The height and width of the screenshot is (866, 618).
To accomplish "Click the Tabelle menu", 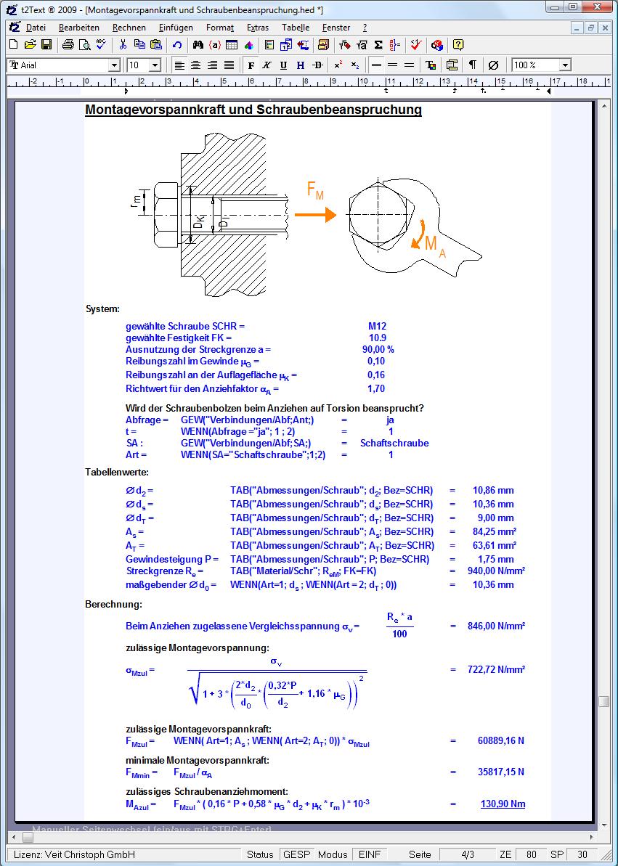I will pos(295,28).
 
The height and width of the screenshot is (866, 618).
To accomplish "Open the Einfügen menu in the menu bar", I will pos(175,28).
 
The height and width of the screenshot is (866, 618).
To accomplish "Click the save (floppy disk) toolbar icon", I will pos(46,45).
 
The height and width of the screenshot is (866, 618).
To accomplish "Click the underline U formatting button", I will pos(283,65).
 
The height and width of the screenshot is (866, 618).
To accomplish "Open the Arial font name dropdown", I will pos(113,65).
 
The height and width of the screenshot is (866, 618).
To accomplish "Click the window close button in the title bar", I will pos(602,7).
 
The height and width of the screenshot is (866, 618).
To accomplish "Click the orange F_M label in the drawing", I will pos(315,191).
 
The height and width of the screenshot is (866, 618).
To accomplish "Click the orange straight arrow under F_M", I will pos(315,215).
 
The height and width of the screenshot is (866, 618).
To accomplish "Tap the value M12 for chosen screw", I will pos(378,327).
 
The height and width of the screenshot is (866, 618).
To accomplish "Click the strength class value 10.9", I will pos(378,338).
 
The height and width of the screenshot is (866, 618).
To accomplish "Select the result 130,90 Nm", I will pos(503,804).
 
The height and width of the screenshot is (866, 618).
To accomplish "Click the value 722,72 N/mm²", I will pos(496,670).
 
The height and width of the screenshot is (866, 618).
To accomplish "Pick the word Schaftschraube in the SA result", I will pos(394,444).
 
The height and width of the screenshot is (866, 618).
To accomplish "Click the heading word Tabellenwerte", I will pos(106,473).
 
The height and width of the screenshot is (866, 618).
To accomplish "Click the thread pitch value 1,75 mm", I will pos(495,560).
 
